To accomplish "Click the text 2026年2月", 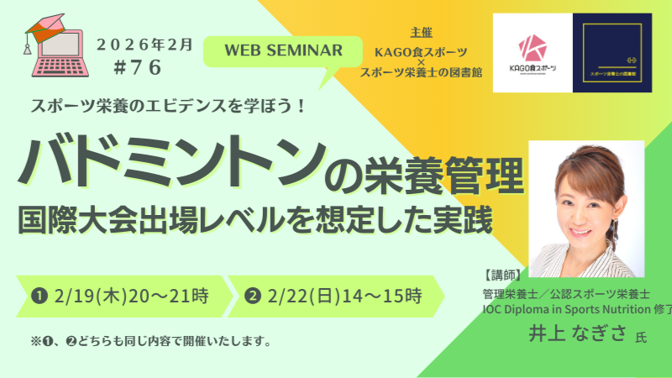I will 144,45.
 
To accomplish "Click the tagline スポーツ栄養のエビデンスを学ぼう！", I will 172,108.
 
